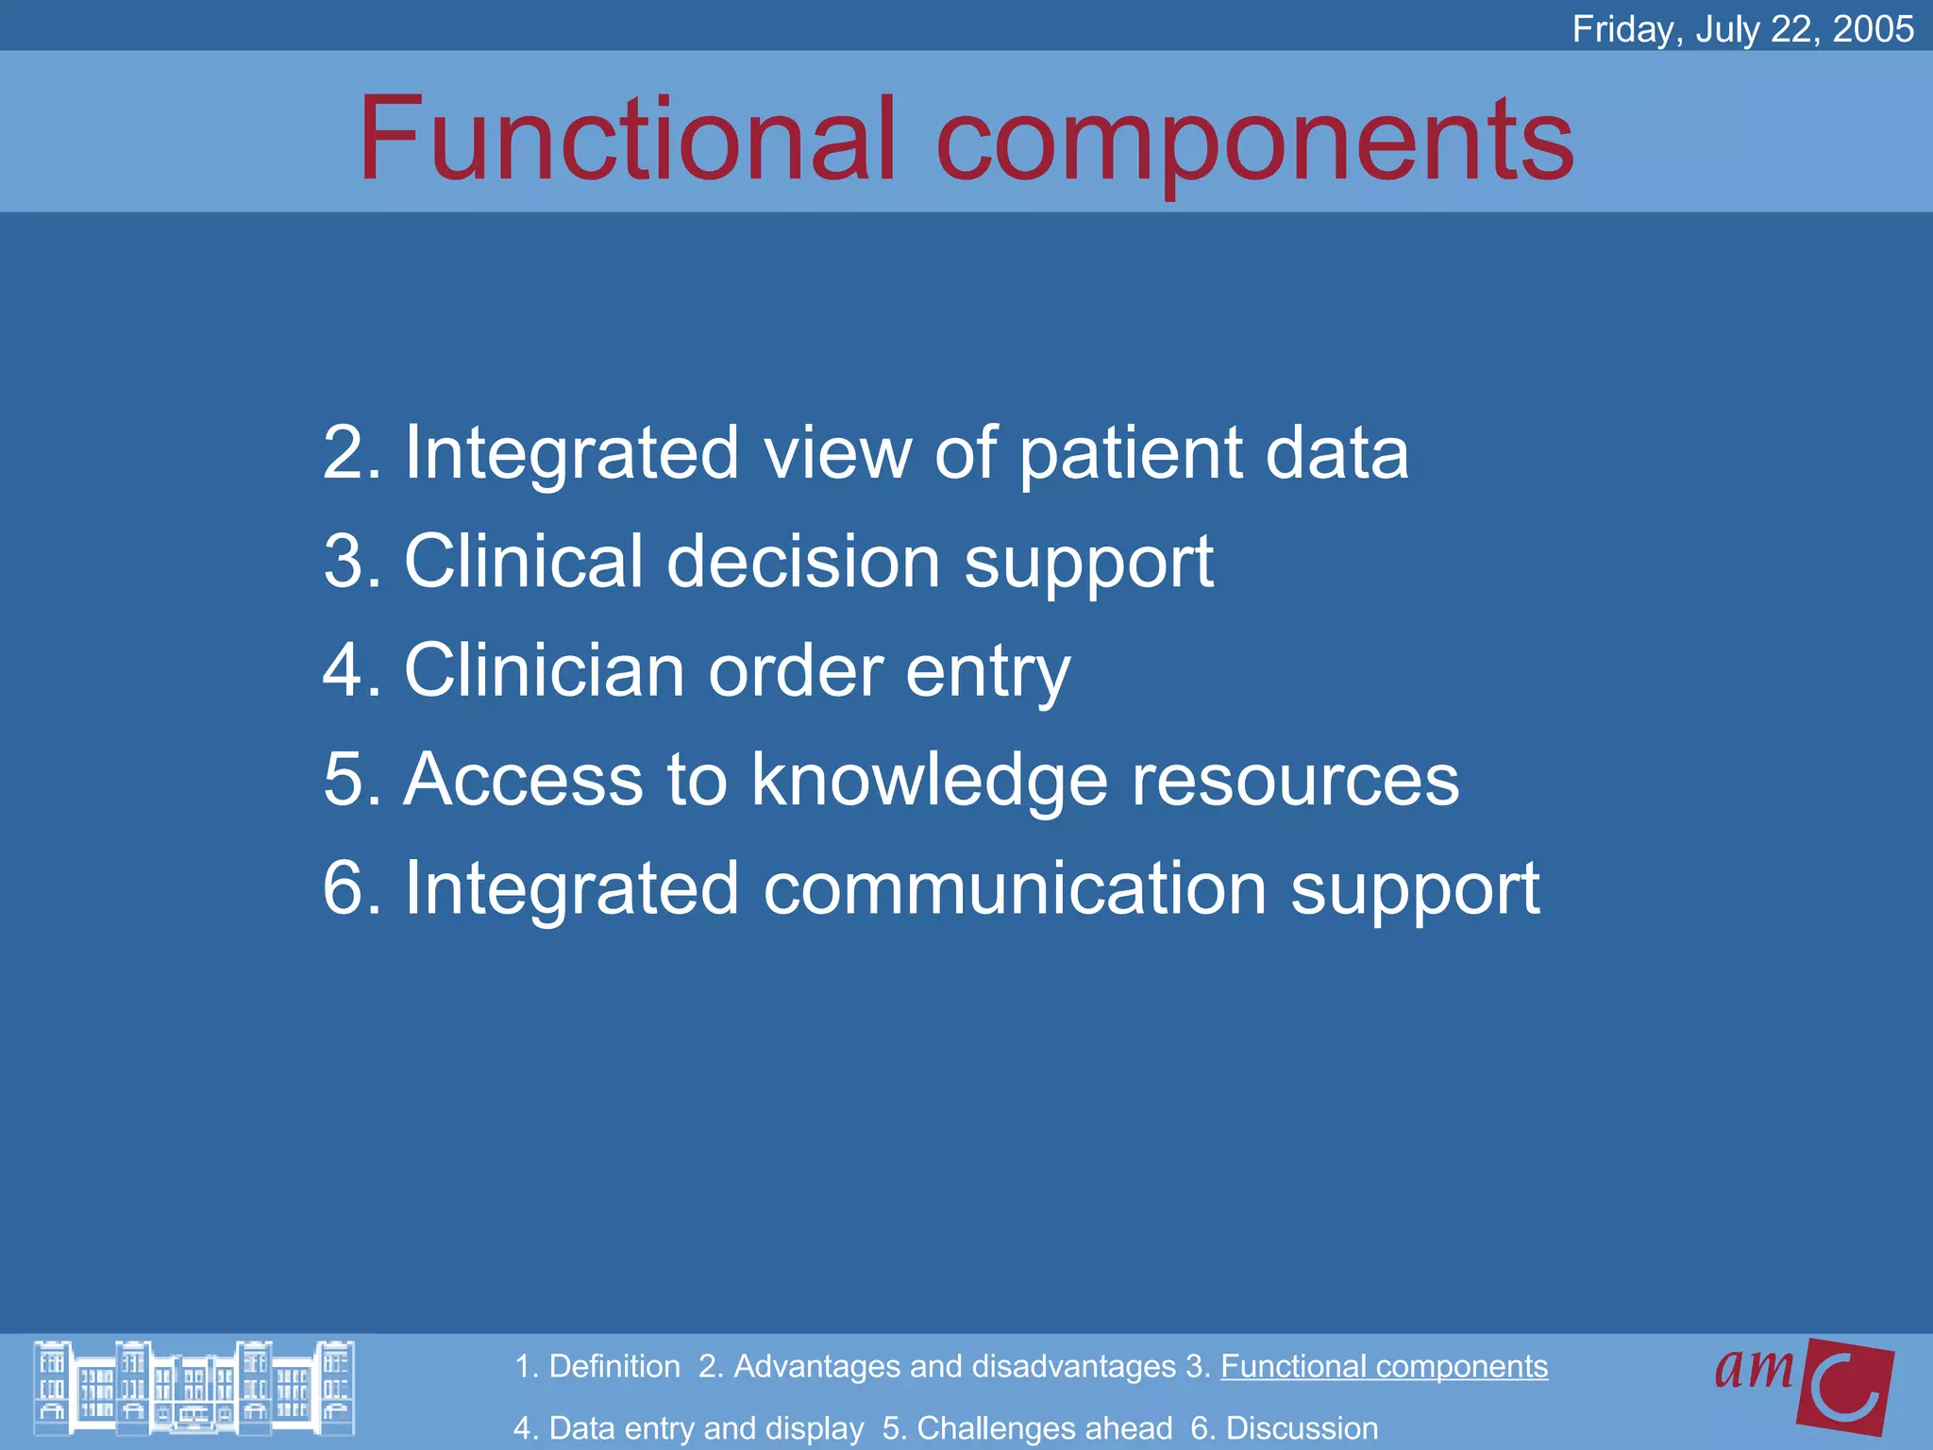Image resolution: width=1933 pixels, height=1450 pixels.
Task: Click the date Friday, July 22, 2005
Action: (1742, 29)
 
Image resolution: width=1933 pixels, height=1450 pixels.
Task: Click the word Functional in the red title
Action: (626, 139)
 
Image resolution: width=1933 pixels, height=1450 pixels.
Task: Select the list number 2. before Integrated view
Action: (352, 453)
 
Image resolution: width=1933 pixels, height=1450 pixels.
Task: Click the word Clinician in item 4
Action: (544, 670)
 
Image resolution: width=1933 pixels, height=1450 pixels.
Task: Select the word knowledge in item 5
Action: (929, 782)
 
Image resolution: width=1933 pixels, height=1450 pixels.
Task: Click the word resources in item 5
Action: (1295, 782)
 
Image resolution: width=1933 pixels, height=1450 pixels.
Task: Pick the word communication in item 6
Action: (1015, 889)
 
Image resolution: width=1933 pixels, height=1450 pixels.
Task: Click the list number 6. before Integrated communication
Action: (352, 889)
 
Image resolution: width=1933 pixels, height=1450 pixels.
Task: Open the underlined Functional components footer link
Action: (1384, 1366)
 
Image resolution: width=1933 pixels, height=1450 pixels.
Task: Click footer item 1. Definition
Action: (597, 1366)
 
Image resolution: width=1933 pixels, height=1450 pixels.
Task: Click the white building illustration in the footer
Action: (193, 1389)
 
